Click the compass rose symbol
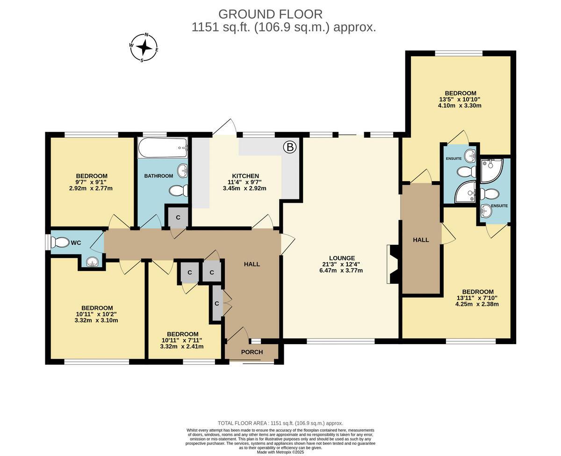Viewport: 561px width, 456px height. (x=144, y=47)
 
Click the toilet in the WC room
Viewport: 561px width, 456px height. (x=60, y=243)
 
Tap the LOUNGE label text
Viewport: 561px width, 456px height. (x=342, y=258)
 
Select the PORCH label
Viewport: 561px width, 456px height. (x=252, y=352)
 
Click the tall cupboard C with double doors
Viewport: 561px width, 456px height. (x=217, y=303)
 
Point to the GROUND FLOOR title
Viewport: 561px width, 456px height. (x=270, y=14)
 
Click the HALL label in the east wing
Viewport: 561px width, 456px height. (x=421, y=240)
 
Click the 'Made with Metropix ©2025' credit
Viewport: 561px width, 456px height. (x=280, y=452)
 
